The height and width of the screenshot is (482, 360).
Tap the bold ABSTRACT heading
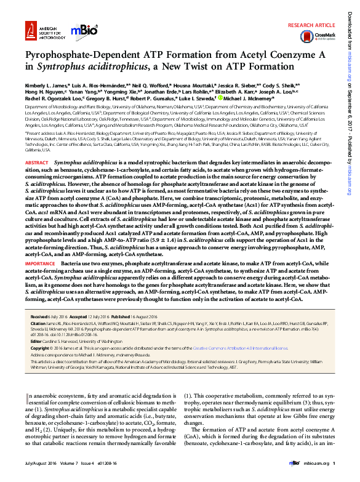click(36, 162)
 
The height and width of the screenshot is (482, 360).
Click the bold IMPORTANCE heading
click(40, 263)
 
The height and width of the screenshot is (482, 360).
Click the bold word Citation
click(39, 323)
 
